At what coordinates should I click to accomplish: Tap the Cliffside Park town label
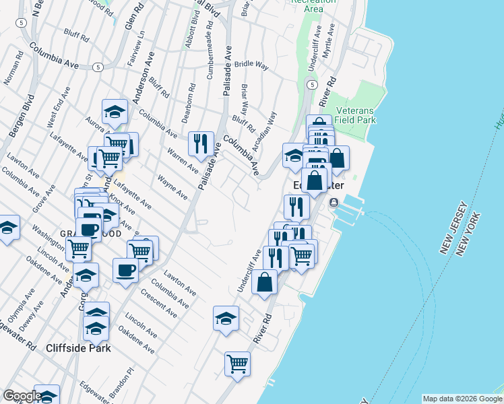(x=78, y=348)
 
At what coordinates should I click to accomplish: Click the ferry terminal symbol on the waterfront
(x=333, y=203)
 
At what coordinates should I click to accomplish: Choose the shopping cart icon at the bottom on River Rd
(x=237, y=364)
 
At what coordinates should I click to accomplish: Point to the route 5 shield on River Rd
(x=311, y=84)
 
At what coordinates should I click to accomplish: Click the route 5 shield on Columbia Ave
(x=98, y=67)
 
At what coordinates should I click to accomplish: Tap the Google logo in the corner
(x=22, y=396)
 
